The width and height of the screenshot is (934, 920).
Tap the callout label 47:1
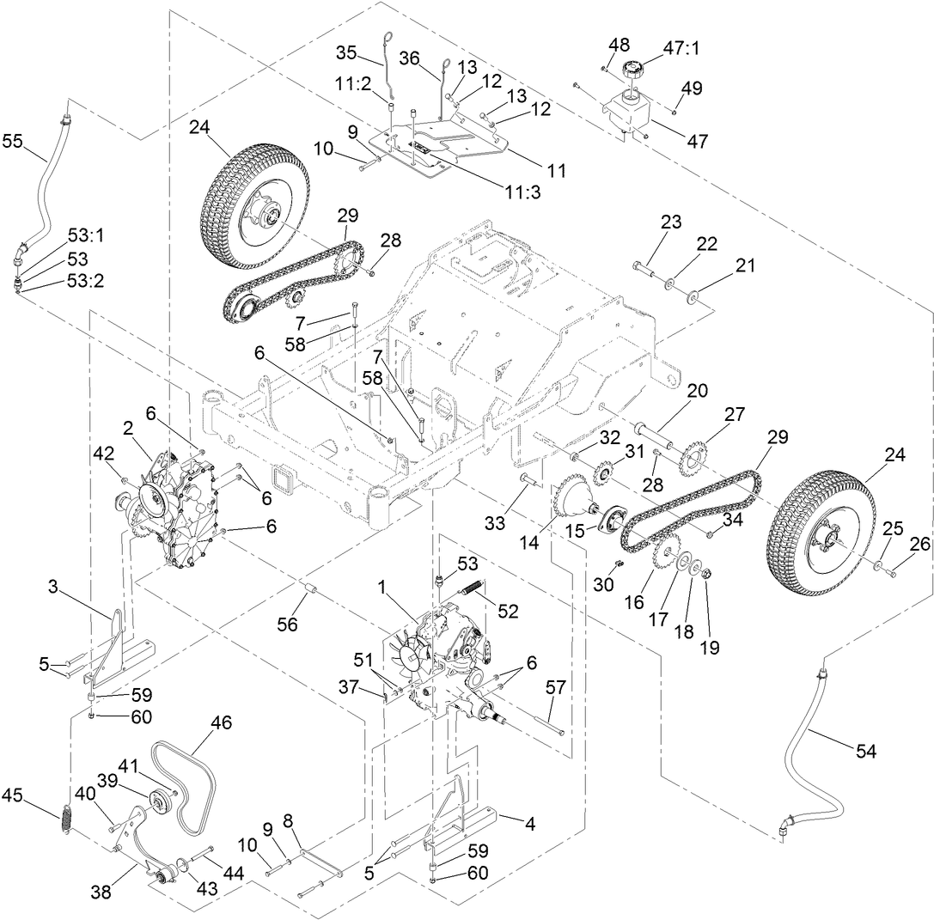(x=679, y=49)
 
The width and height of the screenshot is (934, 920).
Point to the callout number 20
(x=697, y=391)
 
